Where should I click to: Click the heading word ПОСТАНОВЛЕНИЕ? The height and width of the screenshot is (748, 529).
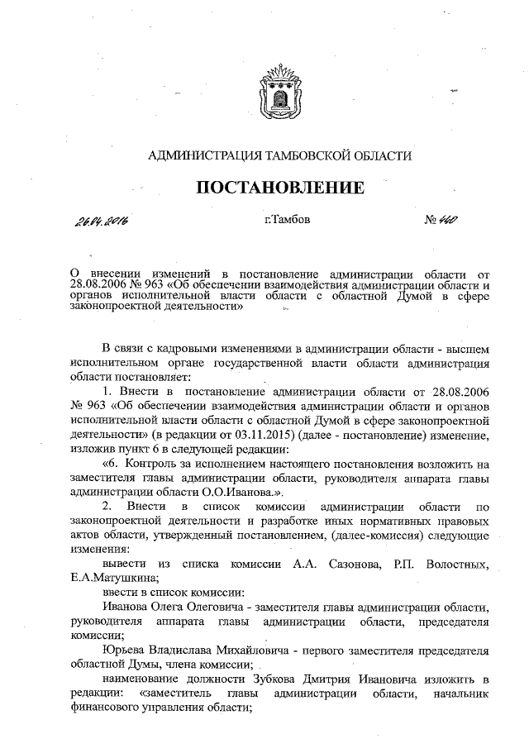[279, 188]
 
